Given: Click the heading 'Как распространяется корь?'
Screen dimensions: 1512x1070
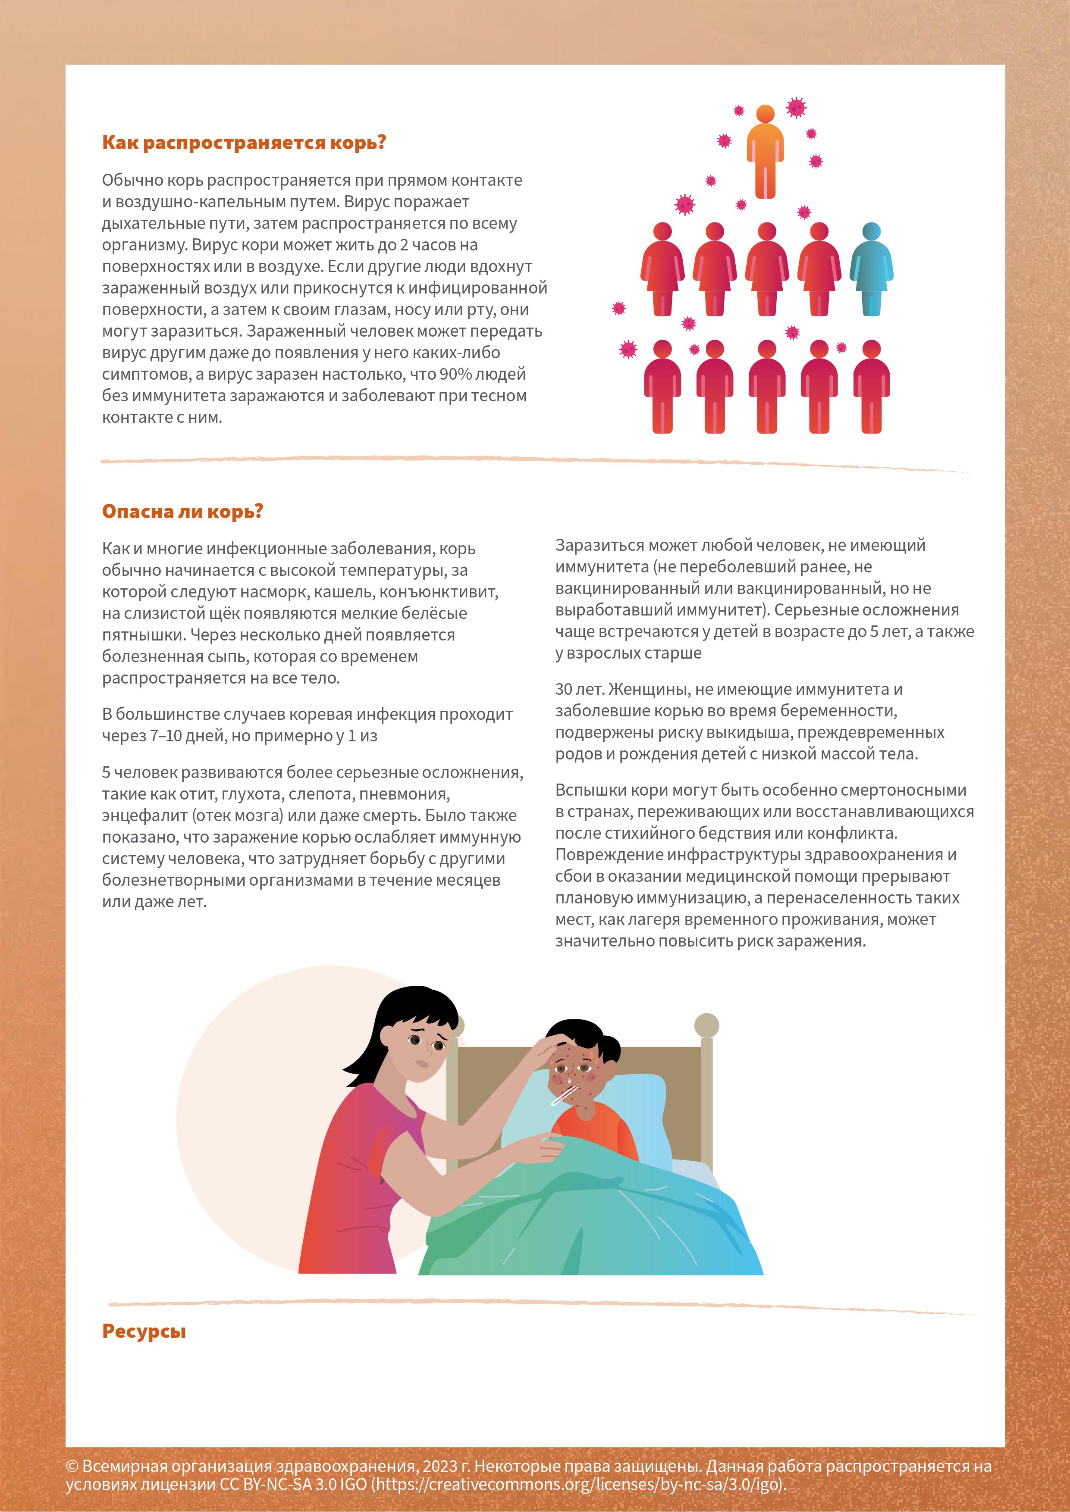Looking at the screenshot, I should [x=243, y=143].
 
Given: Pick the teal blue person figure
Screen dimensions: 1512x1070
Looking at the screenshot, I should [x=871, y=269].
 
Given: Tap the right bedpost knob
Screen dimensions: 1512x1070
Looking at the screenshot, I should [x=706, y=1025].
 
